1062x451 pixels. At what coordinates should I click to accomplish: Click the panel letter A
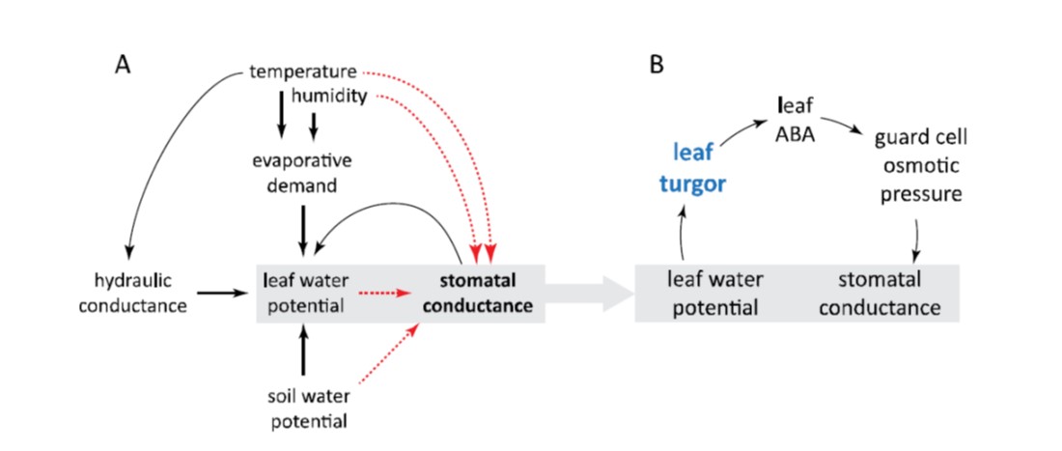[x=123, y=66]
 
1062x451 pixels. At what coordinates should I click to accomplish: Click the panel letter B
[x=657, y=66]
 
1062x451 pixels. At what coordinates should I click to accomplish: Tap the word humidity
[x=330, y=97]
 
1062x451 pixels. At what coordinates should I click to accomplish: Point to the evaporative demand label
[x=304, y=172]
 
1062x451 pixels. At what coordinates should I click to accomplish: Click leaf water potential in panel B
[x=715, y=293]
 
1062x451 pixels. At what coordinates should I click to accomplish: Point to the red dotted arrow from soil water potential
[x=382, y=357]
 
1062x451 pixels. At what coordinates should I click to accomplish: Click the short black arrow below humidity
[x=313, y=126]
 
